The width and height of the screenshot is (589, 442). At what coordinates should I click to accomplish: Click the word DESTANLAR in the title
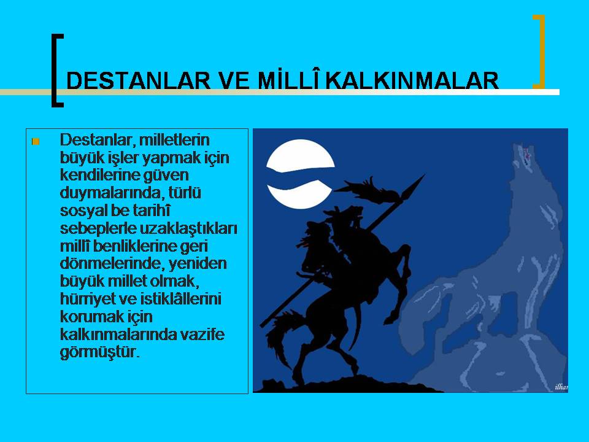138,80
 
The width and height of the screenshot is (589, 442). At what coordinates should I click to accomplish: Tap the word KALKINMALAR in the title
412,80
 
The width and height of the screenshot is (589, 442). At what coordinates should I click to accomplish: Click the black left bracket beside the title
56,70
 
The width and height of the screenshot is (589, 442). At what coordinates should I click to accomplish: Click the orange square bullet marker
36,142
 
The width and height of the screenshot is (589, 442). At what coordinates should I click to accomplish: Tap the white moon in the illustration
301,174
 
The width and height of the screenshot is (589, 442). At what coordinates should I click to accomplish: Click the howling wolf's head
526,160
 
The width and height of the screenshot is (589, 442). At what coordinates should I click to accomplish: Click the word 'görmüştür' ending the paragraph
98,352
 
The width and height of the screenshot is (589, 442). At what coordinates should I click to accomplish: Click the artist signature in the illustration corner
561,387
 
